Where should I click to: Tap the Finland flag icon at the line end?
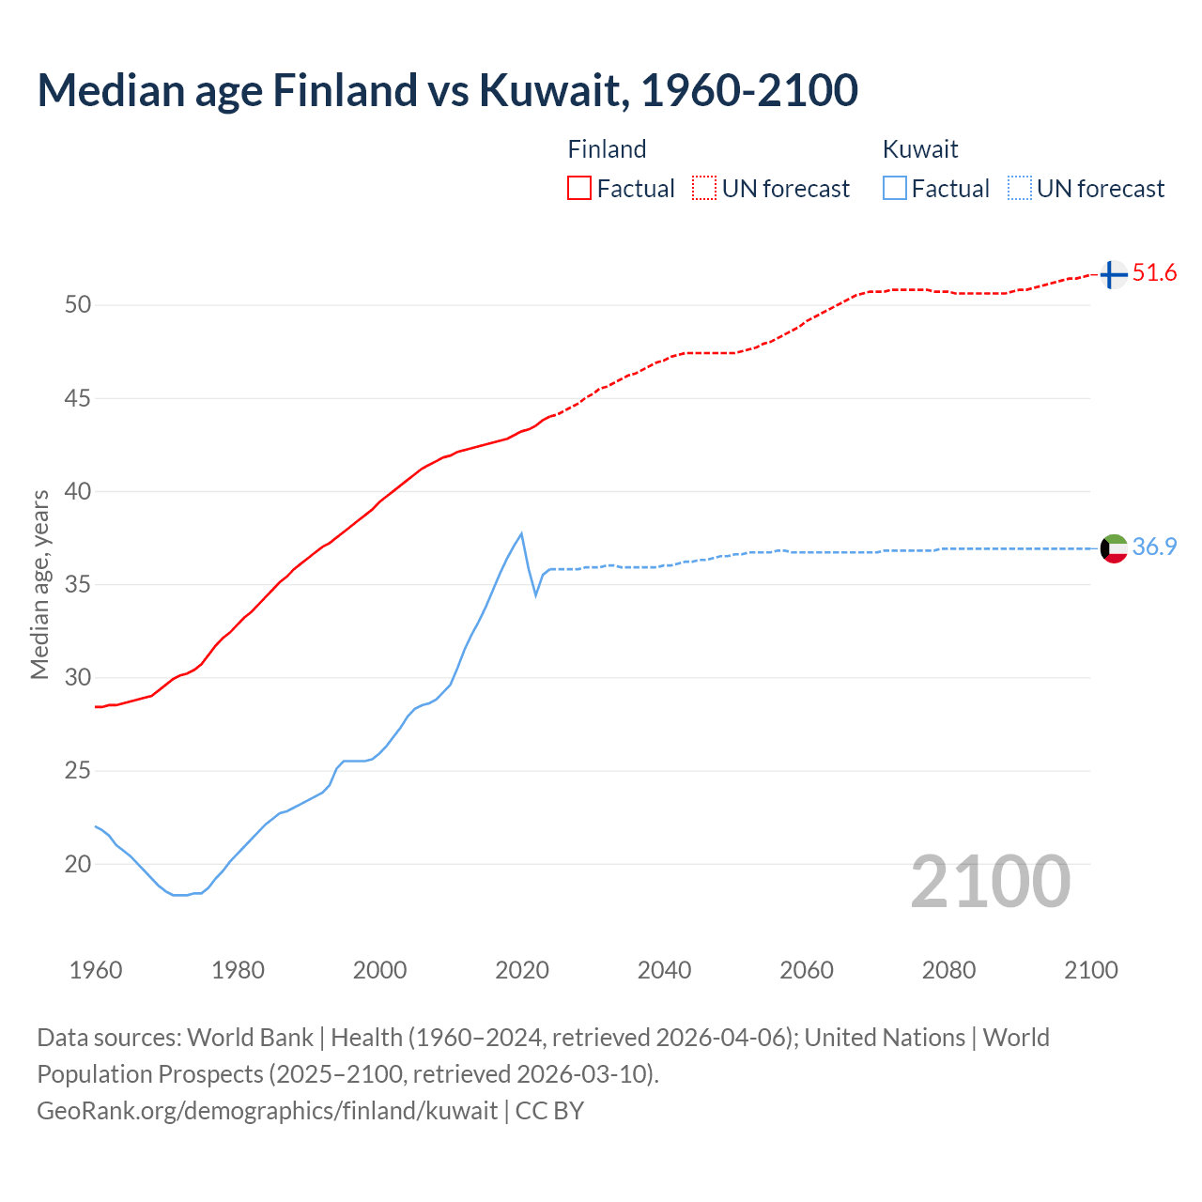(1113, 274)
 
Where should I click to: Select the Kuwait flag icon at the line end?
(1114, 547)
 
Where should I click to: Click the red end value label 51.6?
(1154, 273)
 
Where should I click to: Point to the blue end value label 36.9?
(1154, 547)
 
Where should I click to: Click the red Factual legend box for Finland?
(579, 188)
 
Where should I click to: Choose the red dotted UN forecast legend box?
(704, 188)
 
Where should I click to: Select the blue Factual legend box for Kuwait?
(895, 188)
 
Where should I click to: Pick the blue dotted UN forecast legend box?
(1020, 188)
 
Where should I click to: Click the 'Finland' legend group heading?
(607, 149)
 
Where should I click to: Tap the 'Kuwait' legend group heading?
(920, 149)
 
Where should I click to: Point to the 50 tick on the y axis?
(78, 305)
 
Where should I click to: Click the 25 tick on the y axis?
(78, 771)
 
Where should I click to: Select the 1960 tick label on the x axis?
(96, 970)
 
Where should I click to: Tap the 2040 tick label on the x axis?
(664, 970)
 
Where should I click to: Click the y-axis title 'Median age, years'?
(39, 584)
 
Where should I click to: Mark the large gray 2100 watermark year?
(991, 881)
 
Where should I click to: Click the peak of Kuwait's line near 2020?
(521, 533)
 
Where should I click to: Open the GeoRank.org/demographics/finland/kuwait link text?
(267, 1110)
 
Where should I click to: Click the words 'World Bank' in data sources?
(250, 1038)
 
